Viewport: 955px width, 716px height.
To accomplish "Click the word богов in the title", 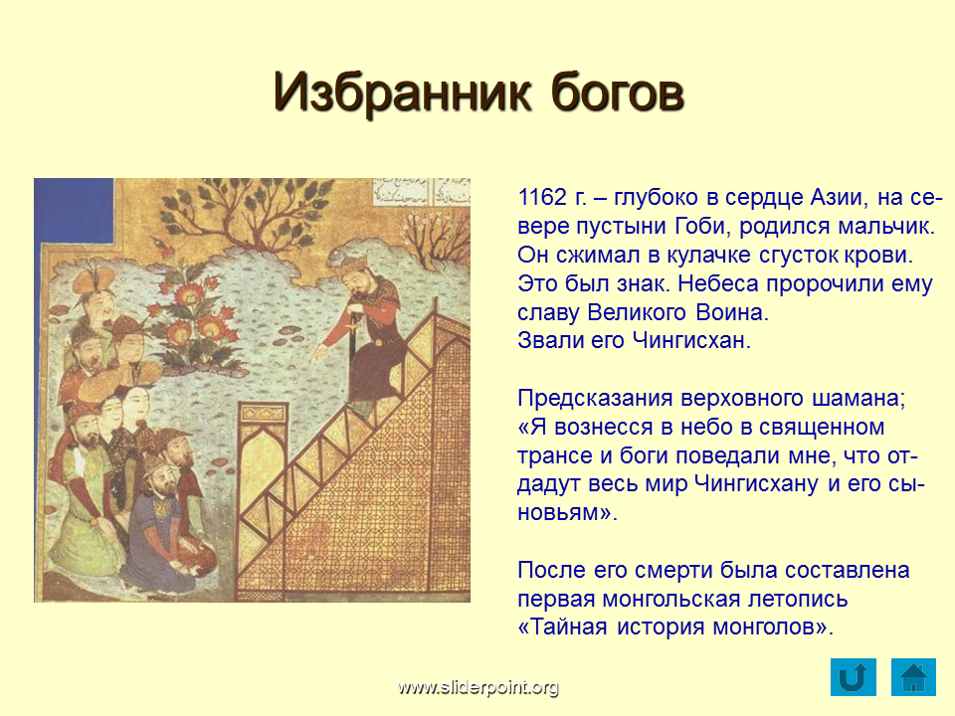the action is (x=617, y=93).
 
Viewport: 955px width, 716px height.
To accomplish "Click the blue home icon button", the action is (x=913, y=677).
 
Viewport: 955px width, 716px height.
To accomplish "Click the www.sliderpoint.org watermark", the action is (x=478, y=687).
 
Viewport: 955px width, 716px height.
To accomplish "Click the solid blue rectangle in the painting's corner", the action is (x=74, y=211).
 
